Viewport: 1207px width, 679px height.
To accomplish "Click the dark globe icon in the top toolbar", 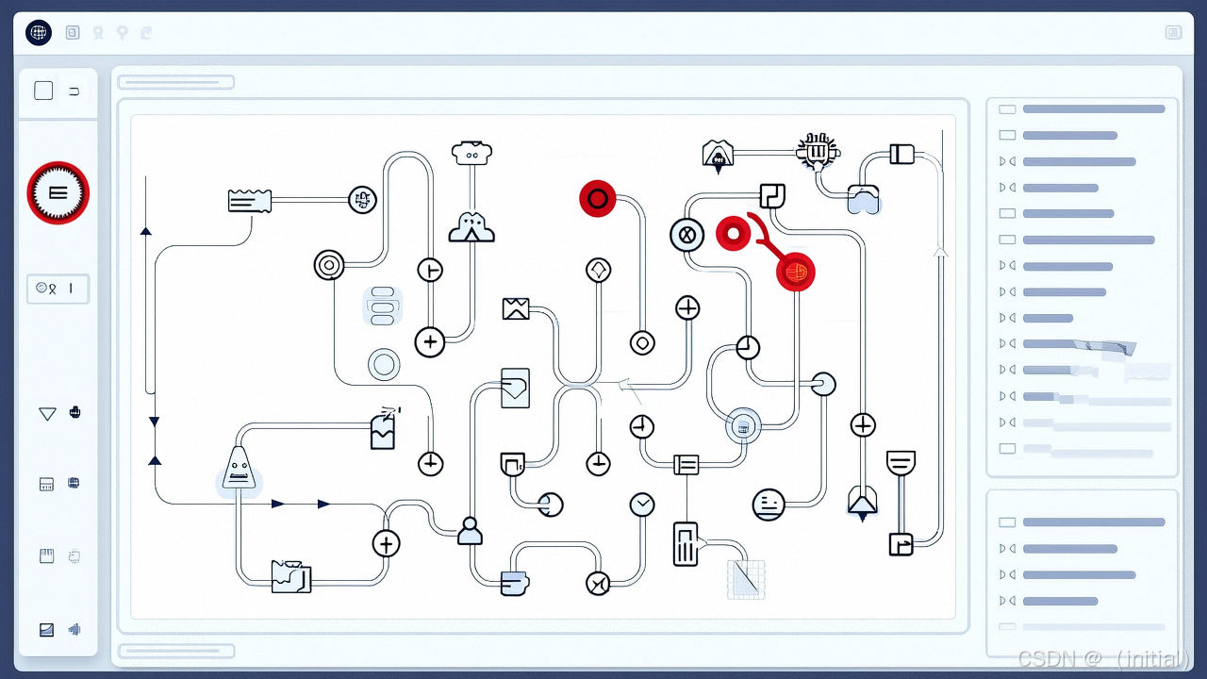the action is tap(39, 33).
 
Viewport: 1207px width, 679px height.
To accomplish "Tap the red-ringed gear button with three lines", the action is tap(58, 192).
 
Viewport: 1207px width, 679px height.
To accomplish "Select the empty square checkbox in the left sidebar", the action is tap(43, 91).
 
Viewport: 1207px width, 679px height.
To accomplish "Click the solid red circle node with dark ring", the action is tap(597, 199).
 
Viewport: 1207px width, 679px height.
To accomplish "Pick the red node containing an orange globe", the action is tap(795, 273).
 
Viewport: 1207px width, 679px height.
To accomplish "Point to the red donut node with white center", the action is tap(732, 233).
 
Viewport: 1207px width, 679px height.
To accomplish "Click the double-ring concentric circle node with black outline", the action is tap(329, 265).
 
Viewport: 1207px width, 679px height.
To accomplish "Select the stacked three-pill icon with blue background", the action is tap(383, 306).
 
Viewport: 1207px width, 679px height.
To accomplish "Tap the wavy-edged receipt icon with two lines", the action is tap(250, 200).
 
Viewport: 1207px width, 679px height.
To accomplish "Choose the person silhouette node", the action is tap(470, 531).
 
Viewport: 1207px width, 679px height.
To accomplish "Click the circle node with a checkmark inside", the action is tap(642, 505).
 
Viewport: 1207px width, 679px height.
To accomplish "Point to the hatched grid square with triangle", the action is tap(746, 579).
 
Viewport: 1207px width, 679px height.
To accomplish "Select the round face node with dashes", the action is tap(769, 505).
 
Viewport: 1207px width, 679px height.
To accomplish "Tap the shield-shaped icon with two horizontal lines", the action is tap(901, 463).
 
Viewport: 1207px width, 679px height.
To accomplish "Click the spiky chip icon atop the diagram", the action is tap(817, 150).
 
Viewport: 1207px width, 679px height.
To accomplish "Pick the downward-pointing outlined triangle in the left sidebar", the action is tap(47, 413).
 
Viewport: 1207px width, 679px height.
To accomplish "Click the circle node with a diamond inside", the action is tap(599, 271).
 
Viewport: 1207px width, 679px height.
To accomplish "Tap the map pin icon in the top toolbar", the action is tap(122, 33).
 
